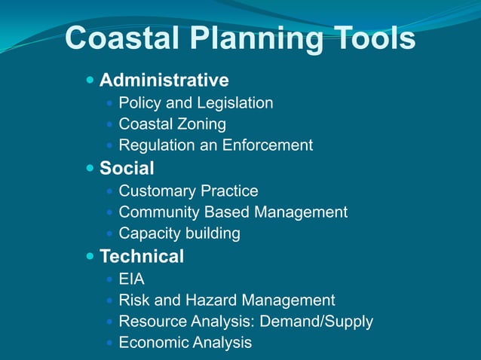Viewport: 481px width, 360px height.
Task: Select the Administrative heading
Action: tap(164, 80)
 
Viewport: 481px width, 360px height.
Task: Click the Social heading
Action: tap(127, 168)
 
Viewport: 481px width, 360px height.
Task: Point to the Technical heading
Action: tap(142, 257)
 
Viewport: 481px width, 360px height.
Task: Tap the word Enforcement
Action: tap(266, 145)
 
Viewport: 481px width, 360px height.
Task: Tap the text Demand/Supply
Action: tap(316, 322)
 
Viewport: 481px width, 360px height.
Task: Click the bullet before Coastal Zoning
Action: tap(111, 124)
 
